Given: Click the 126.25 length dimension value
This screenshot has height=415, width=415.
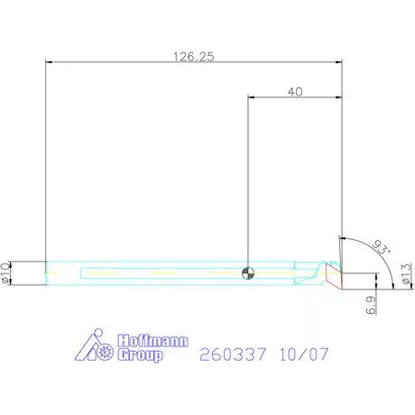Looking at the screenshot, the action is pos(194,56).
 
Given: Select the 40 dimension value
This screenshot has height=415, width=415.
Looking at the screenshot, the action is pos(295,92).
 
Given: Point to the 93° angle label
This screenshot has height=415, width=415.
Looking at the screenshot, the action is pos(382,247).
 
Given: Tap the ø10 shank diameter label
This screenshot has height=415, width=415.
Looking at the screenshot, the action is pos(5,272).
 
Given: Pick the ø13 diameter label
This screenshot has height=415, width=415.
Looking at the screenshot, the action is pos(407,273).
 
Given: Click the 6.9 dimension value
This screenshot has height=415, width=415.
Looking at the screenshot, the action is pos(371,305).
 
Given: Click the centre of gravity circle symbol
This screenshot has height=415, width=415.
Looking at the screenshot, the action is pos(248,273).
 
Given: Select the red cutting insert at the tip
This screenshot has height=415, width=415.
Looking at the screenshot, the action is pos(334,276).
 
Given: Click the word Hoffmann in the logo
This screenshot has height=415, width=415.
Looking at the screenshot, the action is pos(152,341).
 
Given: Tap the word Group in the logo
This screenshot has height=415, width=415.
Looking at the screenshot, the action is pos(140,355).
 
